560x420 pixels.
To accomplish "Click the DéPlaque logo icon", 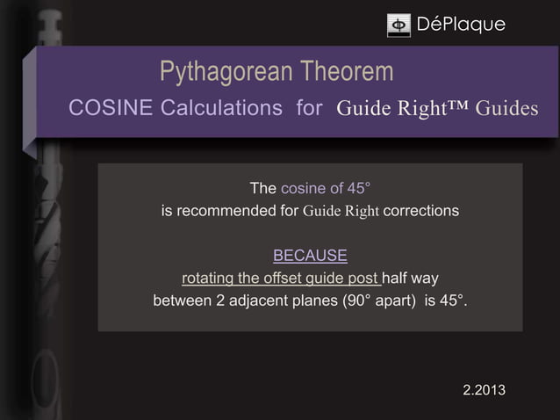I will (x=398, y=25).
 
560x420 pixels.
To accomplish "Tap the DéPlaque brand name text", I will (x=461, y=25).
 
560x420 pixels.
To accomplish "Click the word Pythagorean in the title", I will (x=226, y=72).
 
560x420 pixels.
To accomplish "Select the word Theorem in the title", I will (x=346, y=72).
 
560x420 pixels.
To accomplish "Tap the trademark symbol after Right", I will (x=456, y=107).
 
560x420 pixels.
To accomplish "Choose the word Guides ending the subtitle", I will (x=506, y=109).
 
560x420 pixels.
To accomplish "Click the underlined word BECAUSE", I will (x=310, y=257).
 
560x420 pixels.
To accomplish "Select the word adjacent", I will (x=267, y=302).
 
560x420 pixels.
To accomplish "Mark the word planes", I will (x=319, y=302).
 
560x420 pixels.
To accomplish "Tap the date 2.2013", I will (x=484, y=389).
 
